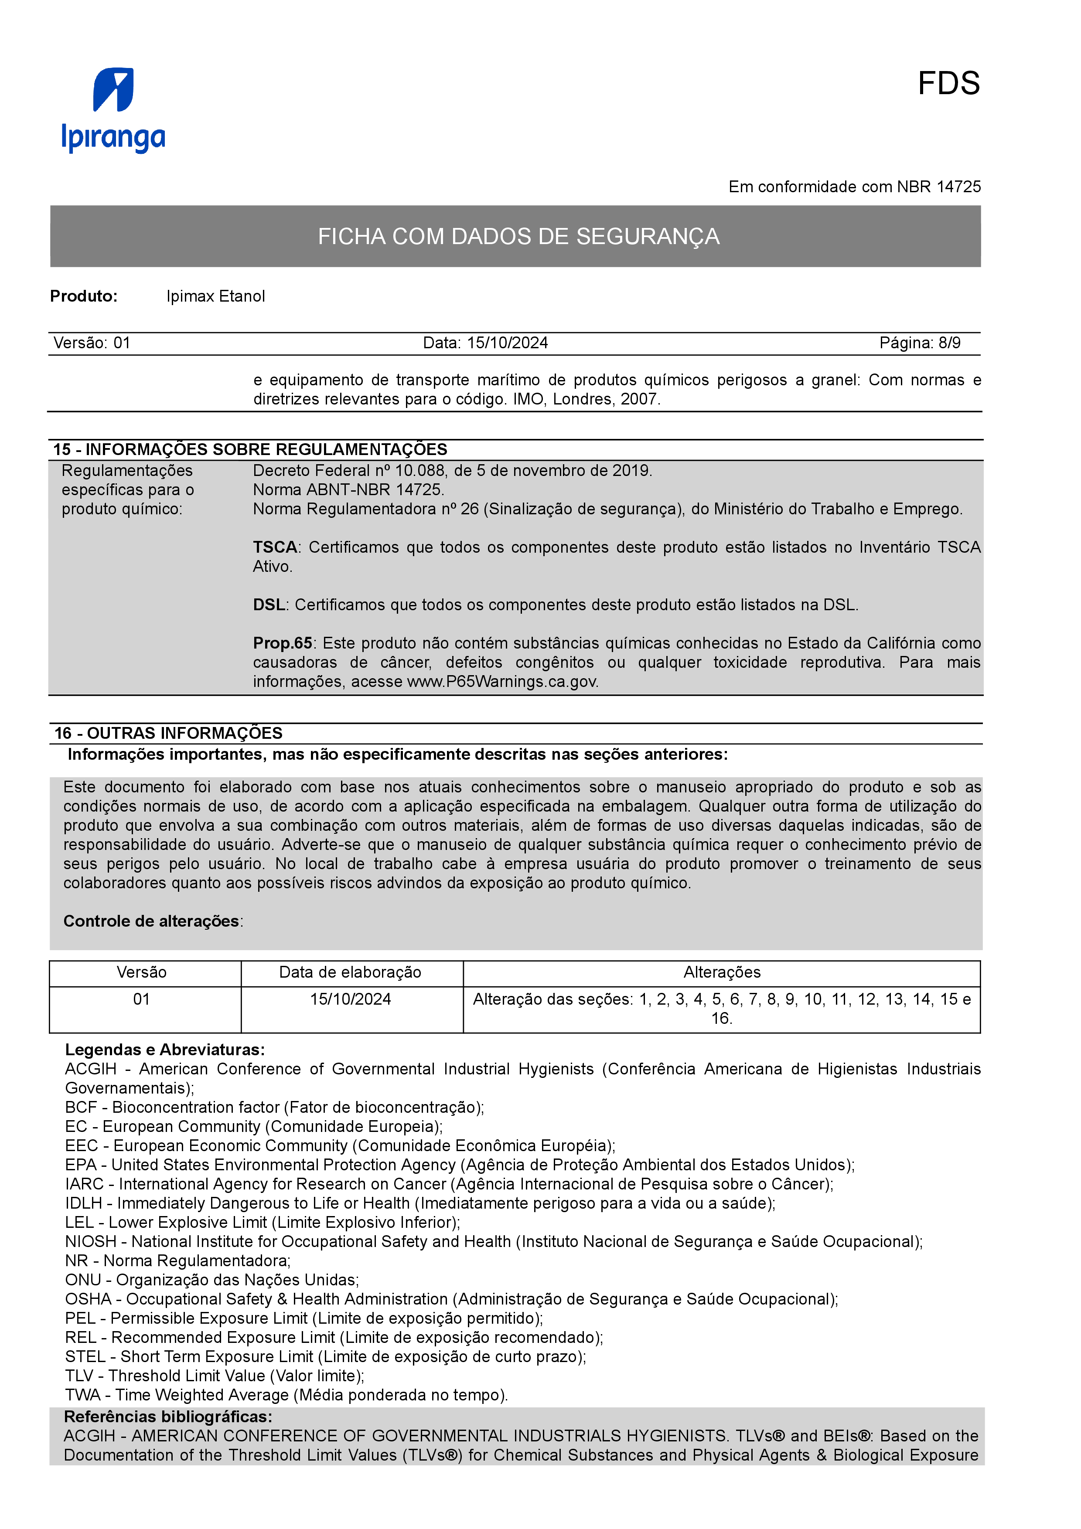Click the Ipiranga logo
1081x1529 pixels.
(113, 110)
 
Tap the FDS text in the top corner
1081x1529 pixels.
(948, 84)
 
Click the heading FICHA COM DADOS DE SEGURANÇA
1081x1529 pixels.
(518, 236)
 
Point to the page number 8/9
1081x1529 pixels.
(949, 343)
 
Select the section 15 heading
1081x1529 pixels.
(250, 449)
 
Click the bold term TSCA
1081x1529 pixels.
(274, 547)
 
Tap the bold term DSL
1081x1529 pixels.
(269, 605)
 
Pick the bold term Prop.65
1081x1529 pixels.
(283, 643)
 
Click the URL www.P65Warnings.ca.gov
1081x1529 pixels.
(502, 682)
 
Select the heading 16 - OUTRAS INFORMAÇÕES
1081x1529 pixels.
(168, 733)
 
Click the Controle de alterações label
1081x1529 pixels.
(151, 921)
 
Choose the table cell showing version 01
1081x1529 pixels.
(141, 999)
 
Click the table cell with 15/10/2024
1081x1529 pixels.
(350, 999)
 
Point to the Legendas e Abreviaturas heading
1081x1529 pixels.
(164, 1050)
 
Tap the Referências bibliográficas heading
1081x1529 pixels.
(168, 1417)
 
